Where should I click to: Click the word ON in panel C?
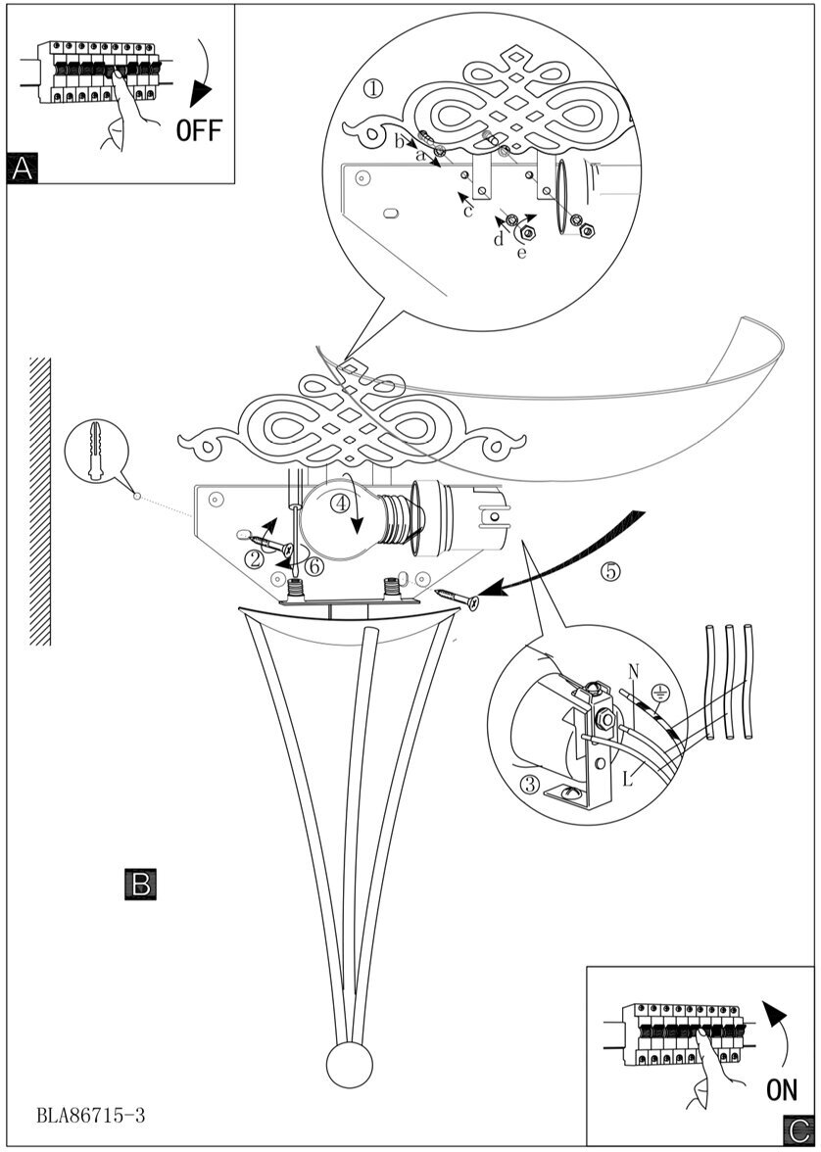click(782, 1087)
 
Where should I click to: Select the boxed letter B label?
click(140, 884)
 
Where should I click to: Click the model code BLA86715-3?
click(92, 1115)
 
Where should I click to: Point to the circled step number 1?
click(372, 89)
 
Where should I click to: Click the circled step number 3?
click(530, 784)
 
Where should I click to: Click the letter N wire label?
click(634, 671)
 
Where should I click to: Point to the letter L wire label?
click(626, 779)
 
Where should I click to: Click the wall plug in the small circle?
click(95, 453)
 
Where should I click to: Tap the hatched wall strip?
click(40, 501)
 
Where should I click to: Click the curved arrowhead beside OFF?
click(203, 92)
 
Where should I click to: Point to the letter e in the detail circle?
click(521, 253)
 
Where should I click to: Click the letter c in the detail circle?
click(468, 210)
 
